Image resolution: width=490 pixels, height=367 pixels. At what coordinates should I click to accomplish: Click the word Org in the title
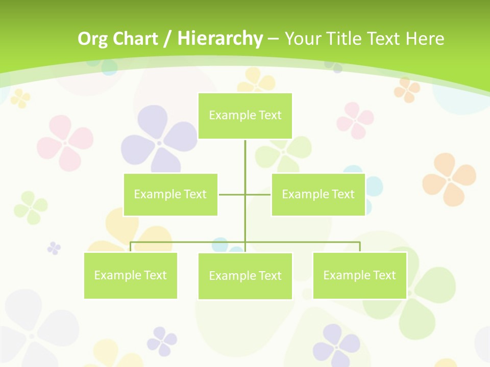(x=92, y=39)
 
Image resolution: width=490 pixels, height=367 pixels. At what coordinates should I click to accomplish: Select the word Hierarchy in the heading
(x=220, y=39)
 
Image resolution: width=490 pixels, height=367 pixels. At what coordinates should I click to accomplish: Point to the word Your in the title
(x=303, y=39)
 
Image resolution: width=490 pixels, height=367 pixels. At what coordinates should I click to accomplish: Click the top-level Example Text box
(x=245, y=116)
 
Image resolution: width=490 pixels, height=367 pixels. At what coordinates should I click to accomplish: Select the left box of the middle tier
(x=170, y=194)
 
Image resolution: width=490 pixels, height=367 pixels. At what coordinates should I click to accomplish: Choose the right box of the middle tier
(x=318, y=194)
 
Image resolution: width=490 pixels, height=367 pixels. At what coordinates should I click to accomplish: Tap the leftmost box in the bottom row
(x=131, y=275)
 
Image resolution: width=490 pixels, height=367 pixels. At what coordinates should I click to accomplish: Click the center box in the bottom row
(x=245, y=276)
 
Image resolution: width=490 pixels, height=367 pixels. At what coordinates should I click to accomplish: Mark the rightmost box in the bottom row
(x=359, y=275)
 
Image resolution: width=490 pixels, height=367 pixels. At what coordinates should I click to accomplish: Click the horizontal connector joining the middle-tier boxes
(x=245, y=194)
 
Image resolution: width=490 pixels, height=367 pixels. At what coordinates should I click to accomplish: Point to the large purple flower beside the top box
(x=159, y=140)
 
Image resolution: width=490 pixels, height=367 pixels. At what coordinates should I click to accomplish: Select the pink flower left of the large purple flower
(x=65, y=142)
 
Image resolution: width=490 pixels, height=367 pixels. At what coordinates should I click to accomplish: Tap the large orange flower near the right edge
(x=449, y=178)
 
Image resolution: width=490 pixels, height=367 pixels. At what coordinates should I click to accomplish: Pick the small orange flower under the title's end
(x=407, y=90)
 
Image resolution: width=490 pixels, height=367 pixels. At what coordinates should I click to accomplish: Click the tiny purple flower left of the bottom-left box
(x=54, y=248)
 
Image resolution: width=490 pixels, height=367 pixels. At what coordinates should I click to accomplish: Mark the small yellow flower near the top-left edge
(x=20, y=98)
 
